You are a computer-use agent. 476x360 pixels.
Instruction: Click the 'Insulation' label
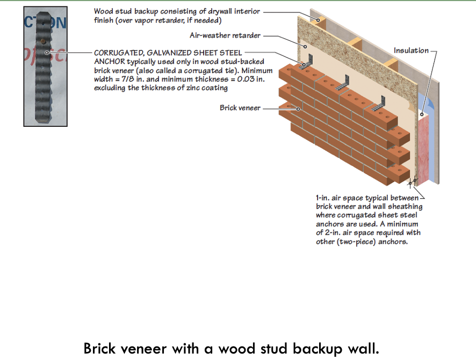411,51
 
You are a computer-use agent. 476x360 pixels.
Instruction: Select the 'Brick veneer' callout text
240,108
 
